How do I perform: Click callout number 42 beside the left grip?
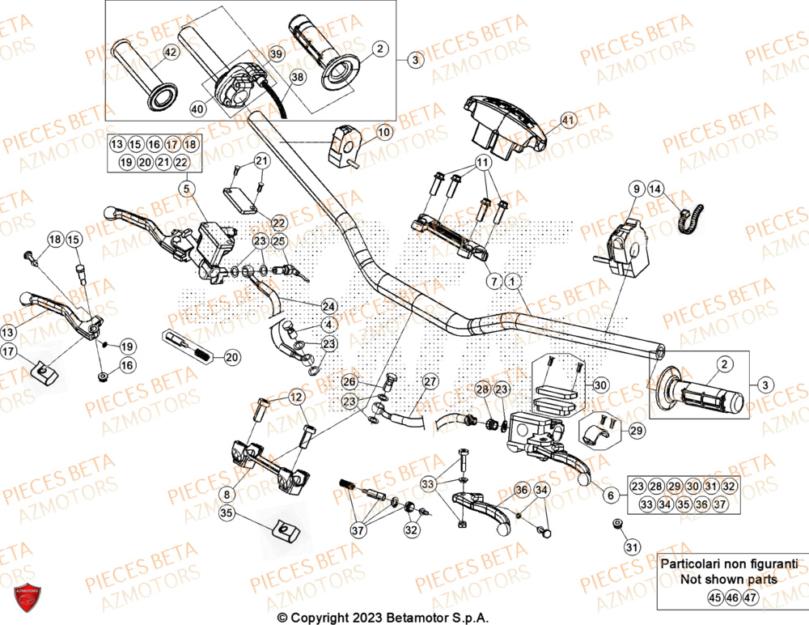click(x=170, y=53)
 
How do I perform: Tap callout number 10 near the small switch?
click(x=383, y=131)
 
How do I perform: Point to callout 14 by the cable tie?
click(x=655, y=189)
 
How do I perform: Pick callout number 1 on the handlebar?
click(x=512, y=281)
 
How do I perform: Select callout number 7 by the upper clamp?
click(x=493, y=281)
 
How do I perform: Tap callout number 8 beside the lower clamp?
click(x=227, y=492)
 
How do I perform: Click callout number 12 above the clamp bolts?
click(x=296, y=397)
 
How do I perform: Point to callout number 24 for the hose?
click(x=328, y=306)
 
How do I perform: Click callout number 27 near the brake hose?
click(x=430, y=381)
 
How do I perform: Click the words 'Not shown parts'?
click(x=729, y=579)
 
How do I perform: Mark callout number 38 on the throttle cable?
click(x=298, y=78)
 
